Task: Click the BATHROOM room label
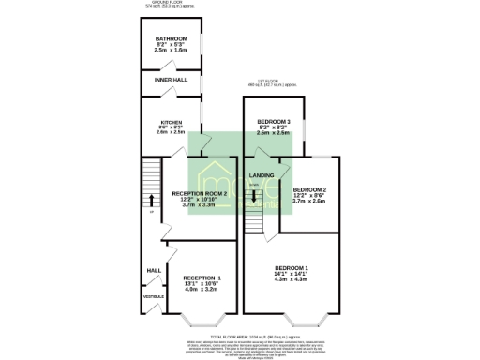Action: pos(172,38)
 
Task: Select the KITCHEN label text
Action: pos(171,123)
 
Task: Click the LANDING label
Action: pos(261,175)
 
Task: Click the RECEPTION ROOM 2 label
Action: pos(200,193)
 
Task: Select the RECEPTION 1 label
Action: pos(202,278)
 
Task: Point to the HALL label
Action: pos(153,270)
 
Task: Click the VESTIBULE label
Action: pos(153,296)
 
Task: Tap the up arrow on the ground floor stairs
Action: pos(150,199)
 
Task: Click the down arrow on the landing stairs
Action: pos(254,198)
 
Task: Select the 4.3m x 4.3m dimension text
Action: pos(291,279)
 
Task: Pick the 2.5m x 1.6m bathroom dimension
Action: pos(172,52)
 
